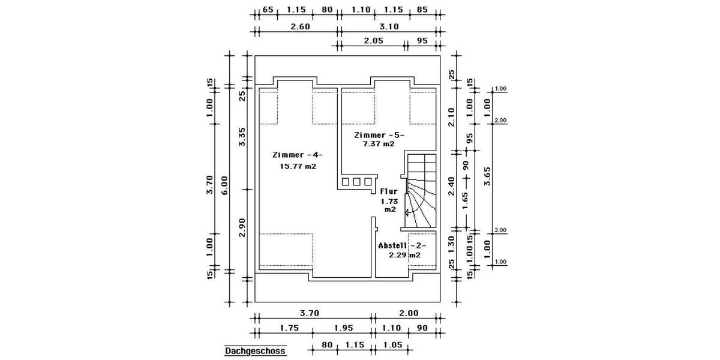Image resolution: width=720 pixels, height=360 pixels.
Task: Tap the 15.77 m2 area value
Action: [298, 166]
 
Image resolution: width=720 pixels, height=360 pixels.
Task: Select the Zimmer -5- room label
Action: [379, 135]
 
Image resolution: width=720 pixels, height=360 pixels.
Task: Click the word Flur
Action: [389, 192]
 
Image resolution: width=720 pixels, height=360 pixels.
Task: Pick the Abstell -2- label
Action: [402, 245]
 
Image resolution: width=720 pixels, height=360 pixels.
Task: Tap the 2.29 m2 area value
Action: [404, 255]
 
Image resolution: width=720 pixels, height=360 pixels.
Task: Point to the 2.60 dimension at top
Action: [300, 26]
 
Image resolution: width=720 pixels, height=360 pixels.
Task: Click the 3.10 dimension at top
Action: [389, 26]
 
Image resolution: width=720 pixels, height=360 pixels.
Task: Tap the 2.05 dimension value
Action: [374, 41]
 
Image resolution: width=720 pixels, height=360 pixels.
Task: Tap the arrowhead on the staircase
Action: [407, 212]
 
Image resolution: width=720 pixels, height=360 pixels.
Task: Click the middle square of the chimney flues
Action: [357, 181]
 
